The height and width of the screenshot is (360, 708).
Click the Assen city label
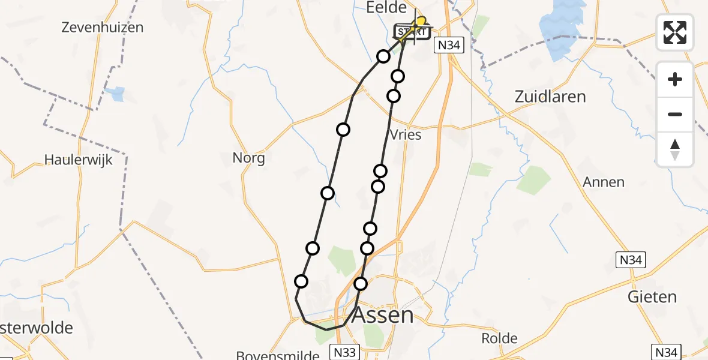click(x=382, y=315)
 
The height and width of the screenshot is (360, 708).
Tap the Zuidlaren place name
click(x=550, y=97)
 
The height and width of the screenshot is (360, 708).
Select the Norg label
click(x=248, y=158)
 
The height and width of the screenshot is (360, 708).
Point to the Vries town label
click(x=406, y=135)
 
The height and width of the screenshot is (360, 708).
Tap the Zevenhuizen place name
click(x=102, y=27)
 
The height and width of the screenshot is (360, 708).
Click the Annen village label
click(x=604, y=182)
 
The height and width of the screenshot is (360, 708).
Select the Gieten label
click(x=652, y=297)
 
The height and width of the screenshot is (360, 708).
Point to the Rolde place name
click(x=499, y=338)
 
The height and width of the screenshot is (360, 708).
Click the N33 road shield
click(x=344, y=352)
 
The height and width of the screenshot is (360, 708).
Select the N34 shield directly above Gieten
click(x=631, y=260)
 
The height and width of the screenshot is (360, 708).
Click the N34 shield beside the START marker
click(x=449, y=45)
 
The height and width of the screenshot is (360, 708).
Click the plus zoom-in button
click(x=675, y=79)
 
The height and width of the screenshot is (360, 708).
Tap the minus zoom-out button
click(x=675, y=114)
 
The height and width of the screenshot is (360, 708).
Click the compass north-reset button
click(x=675, y=149)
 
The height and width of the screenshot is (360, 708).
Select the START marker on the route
click(x=412, y=32)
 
